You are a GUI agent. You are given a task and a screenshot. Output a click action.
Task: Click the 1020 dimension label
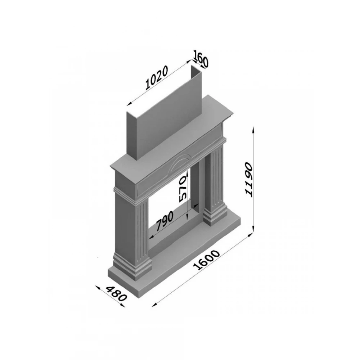pos(157,77)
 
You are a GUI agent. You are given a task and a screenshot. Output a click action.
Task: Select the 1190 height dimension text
pos(249,179)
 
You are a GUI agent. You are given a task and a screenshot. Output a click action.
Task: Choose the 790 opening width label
pos(165,221)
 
